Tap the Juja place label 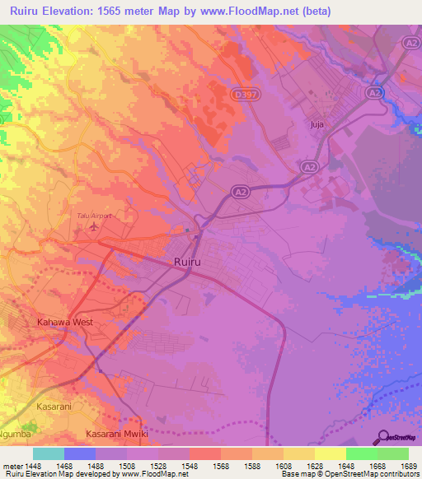tap(316, 124)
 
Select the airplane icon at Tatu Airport tap(94, 225)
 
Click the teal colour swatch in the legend tap(49, 453)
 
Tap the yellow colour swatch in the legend tap(330, 453)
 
